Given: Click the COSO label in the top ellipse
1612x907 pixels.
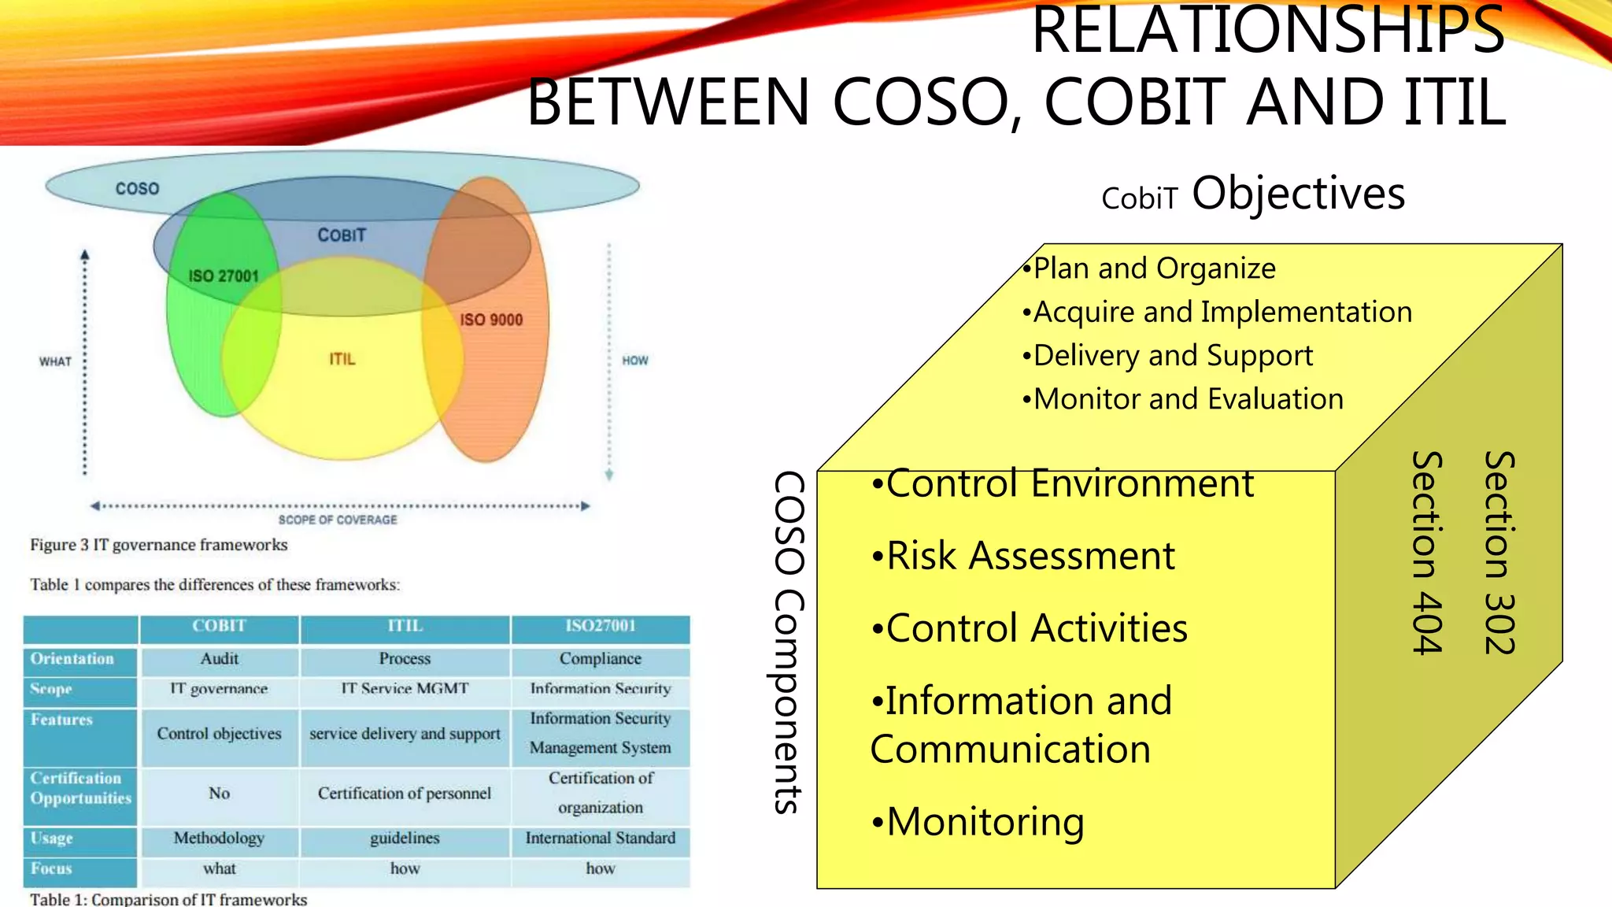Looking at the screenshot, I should (x=137, y=189).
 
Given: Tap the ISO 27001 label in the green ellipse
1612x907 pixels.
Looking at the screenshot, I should (x=224, y=276).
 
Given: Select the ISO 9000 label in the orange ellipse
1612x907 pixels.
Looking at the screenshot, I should (x=491, y=320).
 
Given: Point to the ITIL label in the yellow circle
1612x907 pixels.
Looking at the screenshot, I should (x=342, y=359).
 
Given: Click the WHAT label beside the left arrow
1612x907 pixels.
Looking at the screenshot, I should (x=55, y=361).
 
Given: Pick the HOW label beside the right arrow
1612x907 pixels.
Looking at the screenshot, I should (x=635, y=361).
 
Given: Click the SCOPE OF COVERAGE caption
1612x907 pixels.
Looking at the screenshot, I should (x=338, y=520).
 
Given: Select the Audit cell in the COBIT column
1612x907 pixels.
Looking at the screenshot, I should (x=219, y=659).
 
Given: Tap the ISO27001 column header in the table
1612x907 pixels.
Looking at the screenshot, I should (x=600, y=626).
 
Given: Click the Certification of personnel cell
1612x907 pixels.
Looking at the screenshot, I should (x=405, y=794).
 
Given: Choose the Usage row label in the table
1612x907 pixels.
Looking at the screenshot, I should (x=52, y=839).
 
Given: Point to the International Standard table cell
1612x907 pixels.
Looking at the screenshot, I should (x=600, y=839).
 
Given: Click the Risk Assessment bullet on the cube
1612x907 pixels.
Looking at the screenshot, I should (x=1023, y=556).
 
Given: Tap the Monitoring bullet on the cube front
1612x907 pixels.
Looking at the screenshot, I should (x=978, y=822).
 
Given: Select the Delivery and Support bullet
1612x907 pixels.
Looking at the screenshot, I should (x=1168, y=356).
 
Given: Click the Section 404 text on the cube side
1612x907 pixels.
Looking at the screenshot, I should (x=1427, y=553).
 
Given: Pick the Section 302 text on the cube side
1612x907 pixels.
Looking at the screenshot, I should (x=1499, y=553).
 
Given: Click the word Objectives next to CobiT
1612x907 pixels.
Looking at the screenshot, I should (x=1298, y=194).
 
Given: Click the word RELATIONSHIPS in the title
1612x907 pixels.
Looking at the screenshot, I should (x=1267, y=31).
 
